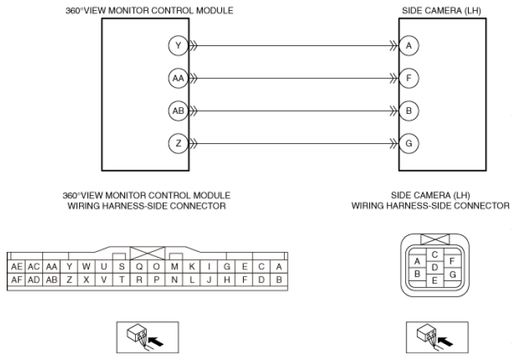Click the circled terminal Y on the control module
pyautogui.click(x=177, y=46)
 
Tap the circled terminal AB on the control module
pyautogui.click(x=177, y=110)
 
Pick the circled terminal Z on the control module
pyautogui.click(x=177, y=142)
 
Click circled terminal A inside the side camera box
pyautogui.click(x=409, y=46)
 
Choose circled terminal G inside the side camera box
pyautogui.click(x=409, y=142)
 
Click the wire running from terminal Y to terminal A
pyautogui.click(x=292, y=46)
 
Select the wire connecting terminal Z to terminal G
pyautogui.click(x=292, y=142)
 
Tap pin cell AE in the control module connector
pyautogui.click(x=15, y=267)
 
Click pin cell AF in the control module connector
pyautogui.click(x=15, y=280)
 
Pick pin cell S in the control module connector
pyautogui.click(x=121, y=267)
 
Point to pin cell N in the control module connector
pyautogui.click(x=174, y=280)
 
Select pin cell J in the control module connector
pyautogui.click(x=209, y=280)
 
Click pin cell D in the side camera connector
pyautogui.click(x=434, y=267)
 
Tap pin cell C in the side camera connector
pyautogui.click(x=434, y=255)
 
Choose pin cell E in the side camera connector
pyautogui.click(x=434, y=280)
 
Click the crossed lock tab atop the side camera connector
pyautogui.click(x=434, y=239)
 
